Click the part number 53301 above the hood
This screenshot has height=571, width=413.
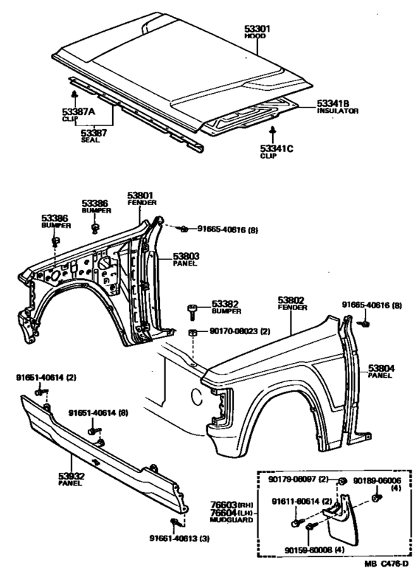pos(257,30)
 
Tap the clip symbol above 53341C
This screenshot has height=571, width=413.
pos(272,130)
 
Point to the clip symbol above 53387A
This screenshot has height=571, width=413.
pos(74,94)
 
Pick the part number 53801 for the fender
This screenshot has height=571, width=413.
pos(141,195)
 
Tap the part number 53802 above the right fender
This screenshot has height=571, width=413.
pos(291,300)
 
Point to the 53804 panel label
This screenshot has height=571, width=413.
pos(381,367)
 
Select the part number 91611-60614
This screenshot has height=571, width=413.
pos(296,502)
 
